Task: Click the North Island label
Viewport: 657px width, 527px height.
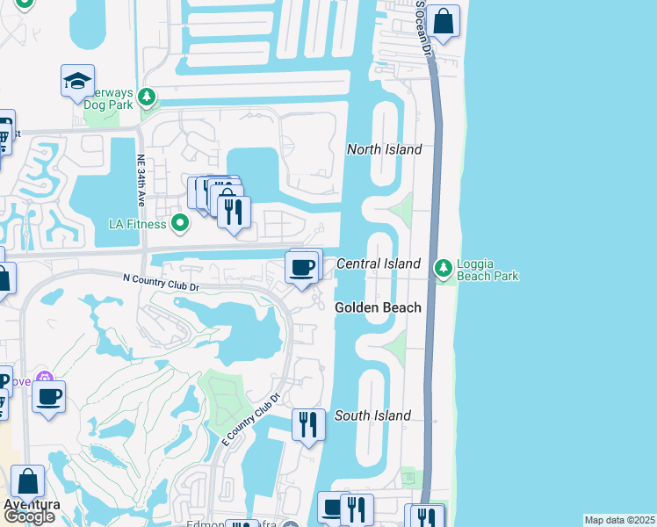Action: pos(384,149)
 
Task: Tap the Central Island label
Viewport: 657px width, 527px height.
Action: pos(379,263)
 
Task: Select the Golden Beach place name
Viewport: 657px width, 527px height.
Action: pos(378,307)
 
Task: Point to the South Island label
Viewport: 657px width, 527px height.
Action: pos(372,415)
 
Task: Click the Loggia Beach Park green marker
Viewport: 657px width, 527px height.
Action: pos(444,265)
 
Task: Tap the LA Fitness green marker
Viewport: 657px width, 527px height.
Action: pos(180,223)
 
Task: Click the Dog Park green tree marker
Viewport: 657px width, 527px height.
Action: pos(148,96)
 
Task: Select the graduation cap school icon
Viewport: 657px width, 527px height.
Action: pos(77,82)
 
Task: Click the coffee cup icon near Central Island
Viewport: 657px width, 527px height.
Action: pos(302,266)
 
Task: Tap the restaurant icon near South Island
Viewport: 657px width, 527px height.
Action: pos(307,425)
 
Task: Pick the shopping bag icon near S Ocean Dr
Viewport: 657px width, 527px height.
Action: pos(444,21)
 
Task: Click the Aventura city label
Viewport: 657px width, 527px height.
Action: pos(32,505)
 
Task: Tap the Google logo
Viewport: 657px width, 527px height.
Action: pos(29,517)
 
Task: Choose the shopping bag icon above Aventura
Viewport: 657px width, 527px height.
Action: pos(27,481)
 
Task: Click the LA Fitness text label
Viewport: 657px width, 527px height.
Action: pos(137,224)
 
